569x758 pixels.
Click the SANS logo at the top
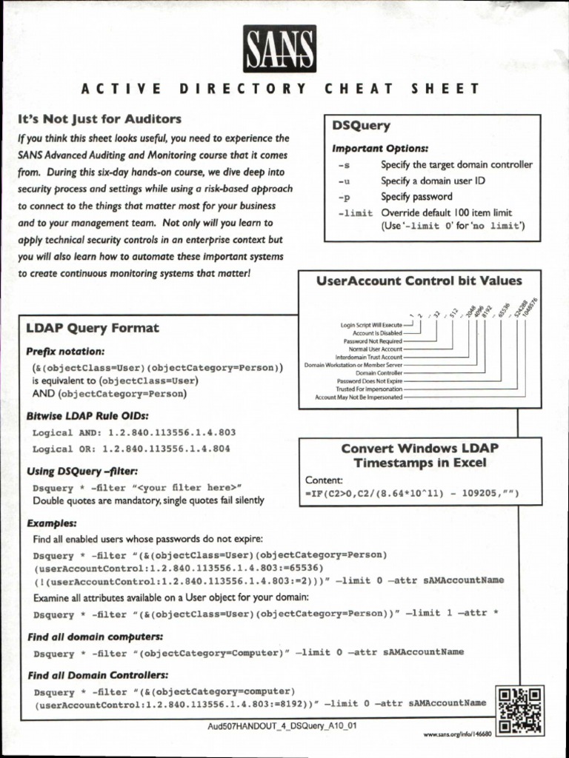(280, 49)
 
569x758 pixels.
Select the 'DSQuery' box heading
(361, 126)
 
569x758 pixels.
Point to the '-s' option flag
(342, 165)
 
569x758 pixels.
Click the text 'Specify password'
(416, 197)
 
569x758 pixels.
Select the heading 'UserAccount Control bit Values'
(419, 281)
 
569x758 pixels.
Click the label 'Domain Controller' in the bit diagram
(379, 372)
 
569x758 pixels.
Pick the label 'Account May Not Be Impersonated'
(359, 397)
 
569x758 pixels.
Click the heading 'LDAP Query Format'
(93, 328)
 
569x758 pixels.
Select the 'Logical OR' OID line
(131, 449)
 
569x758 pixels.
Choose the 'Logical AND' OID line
(133, 432)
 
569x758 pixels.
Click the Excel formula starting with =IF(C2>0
(412, 493)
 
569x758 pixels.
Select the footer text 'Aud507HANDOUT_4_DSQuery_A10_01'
(283, 725)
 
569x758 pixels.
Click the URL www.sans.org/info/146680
(457, 734)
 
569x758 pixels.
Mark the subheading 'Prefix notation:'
(66, 351)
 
